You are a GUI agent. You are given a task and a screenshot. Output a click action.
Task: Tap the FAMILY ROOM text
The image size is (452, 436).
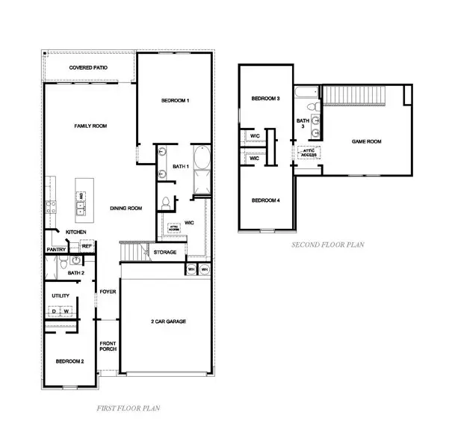click(x=90, y=126)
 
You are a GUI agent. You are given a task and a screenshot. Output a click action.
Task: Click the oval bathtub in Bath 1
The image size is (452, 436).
click(x=202, y=161)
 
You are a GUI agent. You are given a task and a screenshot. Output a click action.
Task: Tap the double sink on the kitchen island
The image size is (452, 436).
click(x=80, y=202)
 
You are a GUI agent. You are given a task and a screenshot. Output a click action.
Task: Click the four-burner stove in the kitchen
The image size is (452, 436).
click(x=51, y=208)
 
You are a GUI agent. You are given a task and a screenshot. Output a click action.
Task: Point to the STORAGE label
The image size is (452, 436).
click(x=164, y=253)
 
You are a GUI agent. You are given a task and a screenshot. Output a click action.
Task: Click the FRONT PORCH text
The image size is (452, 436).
click(x=108, y=347)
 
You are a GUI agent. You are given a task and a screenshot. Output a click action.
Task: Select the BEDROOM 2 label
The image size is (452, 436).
click(x=69, y=361)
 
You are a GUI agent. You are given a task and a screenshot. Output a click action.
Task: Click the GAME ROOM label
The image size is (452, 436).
click(x=367, y=141)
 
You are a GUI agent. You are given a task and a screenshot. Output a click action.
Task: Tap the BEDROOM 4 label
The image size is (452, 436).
click(x=265, y=200)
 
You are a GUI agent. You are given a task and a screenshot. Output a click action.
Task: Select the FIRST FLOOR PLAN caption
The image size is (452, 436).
click(x=129, y=408)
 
